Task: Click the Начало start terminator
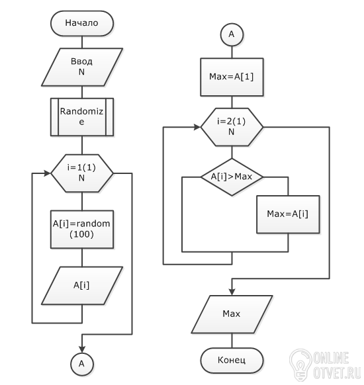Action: (82, 23)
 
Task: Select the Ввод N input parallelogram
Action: (82, 67)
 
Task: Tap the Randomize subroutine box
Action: (82, 117)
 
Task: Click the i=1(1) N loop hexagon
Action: (82, 173)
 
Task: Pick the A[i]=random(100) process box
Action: (82, 230)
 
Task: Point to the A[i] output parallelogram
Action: (82, 286)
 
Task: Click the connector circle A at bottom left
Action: (82, 364)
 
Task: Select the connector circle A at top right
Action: (232, 34)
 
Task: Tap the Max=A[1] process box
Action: (232, 77)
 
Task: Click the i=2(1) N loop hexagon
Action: (232, 127)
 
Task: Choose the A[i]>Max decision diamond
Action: (232, 177)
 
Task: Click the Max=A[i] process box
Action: (288, 214)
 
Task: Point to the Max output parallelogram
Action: (232, 314)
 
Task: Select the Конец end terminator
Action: (232, 361)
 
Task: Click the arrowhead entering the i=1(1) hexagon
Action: (48, 173)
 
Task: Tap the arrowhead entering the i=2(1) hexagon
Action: (197, 127)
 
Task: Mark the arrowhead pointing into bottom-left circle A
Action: (82, 349)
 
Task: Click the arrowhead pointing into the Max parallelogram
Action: (232, 292)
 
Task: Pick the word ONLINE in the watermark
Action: (332, 358)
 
